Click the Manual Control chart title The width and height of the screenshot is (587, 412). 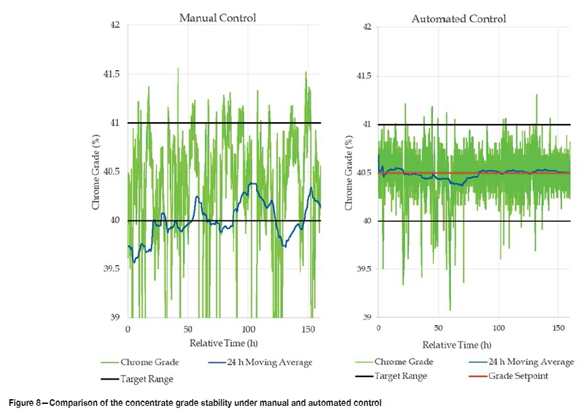217,18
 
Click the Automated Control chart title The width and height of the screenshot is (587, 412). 458,19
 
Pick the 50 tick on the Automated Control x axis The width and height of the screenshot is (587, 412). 438,328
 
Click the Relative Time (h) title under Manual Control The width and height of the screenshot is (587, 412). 217,343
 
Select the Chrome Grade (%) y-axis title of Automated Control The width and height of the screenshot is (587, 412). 348,172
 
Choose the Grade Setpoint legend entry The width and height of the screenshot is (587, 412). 525,376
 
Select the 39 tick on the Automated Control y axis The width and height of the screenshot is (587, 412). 367,317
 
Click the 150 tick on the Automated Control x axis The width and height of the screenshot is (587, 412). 559,328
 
